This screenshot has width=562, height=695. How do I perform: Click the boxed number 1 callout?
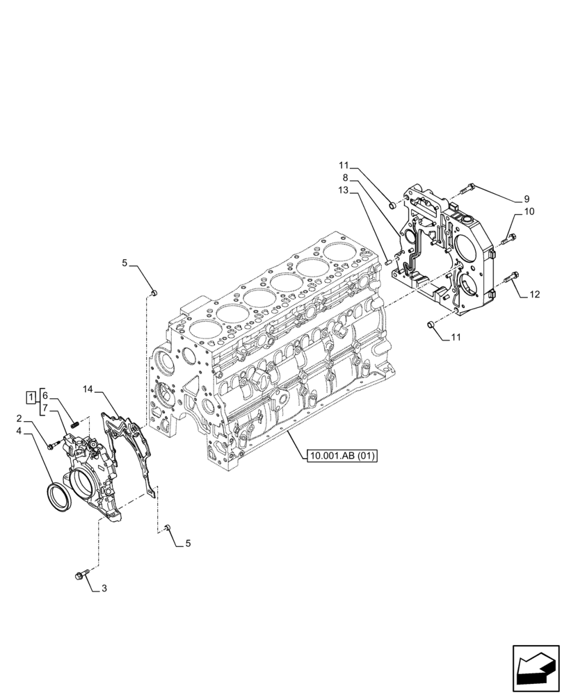[x=31, y=397]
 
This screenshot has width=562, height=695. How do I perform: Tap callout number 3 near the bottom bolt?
[x=104, y=589]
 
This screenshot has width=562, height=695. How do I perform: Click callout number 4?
[x=19, y=431]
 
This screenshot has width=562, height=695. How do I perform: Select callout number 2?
[x=19, y=418]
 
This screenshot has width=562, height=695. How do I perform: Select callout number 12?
[x=534, y=295]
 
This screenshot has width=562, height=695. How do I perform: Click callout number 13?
[x=344, y=190]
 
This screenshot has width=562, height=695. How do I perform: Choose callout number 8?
[x=345, y=178]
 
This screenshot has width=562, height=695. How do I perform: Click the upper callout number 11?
[x=344, y=165]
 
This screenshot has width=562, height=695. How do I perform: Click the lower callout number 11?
[x=456, y=338]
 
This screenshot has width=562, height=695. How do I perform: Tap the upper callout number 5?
[x=125, y=263]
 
